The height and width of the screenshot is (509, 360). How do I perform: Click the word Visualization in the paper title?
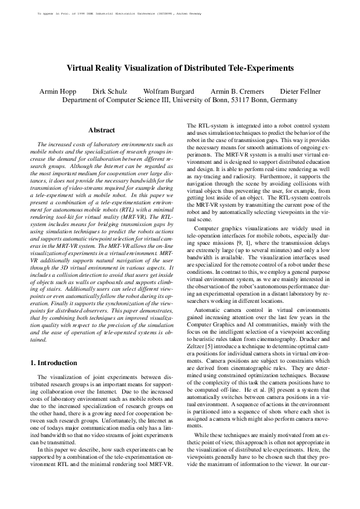[x=145, y=68]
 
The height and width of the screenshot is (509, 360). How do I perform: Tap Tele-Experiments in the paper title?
[x=258, y=68]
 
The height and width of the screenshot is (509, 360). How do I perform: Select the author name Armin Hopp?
[x=56, y=91]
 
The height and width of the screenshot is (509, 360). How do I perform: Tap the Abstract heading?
[x=102, y=130]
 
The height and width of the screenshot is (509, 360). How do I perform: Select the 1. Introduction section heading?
[x=54, y=363]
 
